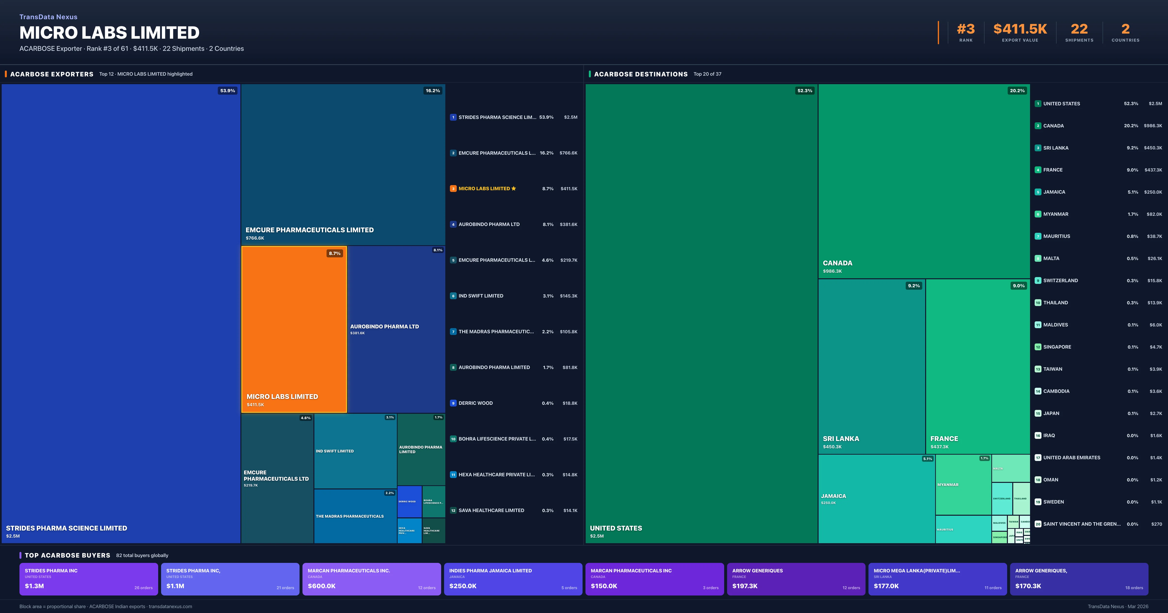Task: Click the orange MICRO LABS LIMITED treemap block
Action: coord(294,329)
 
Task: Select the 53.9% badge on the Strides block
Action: coord(228,91)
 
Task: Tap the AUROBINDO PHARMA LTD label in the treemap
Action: coord(384,326)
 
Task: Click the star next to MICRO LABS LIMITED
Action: coord(514,189)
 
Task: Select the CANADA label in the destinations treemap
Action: coord(837,263)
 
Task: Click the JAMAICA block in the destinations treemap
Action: coord(876,499)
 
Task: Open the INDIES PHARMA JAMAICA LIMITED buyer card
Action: coord(513,579)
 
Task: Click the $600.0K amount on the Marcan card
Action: coord(321,586)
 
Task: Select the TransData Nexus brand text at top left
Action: coord(48,17)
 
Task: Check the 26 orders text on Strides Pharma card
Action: coord(143,588)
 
